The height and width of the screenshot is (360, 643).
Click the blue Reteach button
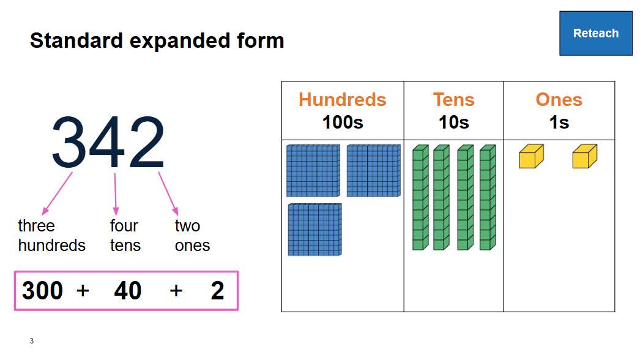click(595, 33)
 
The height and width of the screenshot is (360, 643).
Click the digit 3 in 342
click(71, 143)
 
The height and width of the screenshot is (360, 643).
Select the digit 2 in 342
click(146, 143)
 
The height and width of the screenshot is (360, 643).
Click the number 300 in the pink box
click(42, 291)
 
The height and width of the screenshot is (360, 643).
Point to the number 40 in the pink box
click(128, 291)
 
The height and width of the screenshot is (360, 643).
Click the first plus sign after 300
click(83, 291)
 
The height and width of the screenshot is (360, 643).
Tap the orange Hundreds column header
click(342, 99)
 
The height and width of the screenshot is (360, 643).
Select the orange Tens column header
click(453, 99)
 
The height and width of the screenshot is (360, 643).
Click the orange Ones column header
click(559, 99)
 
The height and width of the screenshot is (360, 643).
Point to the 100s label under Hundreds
click(343, 122)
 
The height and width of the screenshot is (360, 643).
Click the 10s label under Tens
click(453, 122)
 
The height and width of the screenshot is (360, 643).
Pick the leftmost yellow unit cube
click(530, 157)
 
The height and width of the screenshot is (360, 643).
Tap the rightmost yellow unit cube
click(584, 157)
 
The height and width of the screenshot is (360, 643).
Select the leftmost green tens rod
click(419, 197)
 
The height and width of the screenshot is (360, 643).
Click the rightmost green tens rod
click(487, 197)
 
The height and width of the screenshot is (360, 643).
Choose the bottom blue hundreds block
click(314, 230)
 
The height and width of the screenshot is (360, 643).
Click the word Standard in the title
click(69, 40)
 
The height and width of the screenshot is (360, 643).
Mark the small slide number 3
click(31, 341)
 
